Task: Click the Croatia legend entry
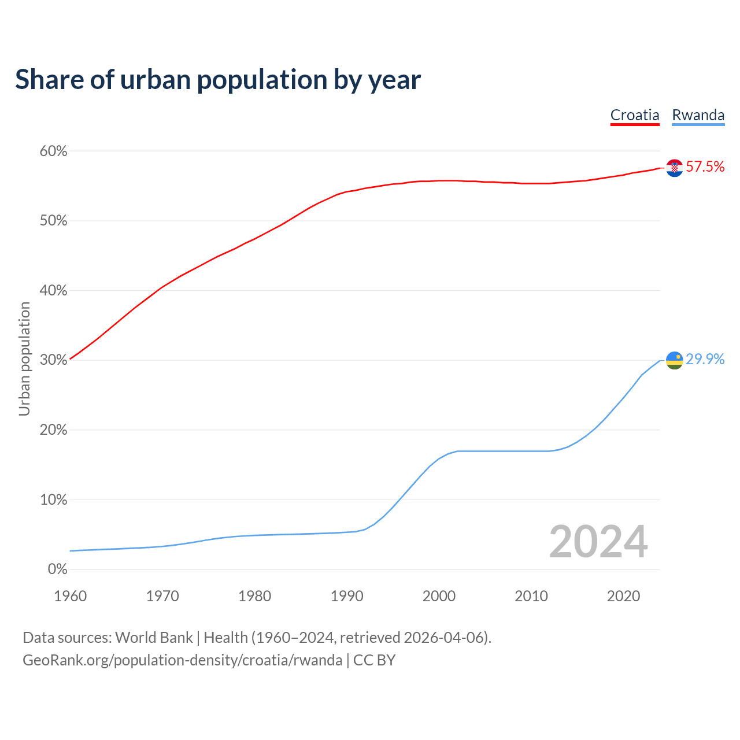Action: click(635, 115)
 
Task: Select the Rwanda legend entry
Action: click(698, 115)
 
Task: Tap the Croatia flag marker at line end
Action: click(674, 168)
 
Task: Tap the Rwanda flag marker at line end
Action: click(674, 360)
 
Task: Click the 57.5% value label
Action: click(705, 167)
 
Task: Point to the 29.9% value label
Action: click(705, 360)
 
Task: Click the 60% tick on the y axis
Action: click(53, 151)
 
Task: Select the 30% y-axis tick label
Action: click(53, 360)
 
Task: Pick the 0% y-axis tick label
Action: click(57, 569)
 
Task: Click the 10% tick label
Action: click(53, 500)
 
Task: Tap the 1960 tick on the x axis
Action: click(70, 596)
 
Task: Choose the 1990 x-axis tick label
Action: click(347, 596)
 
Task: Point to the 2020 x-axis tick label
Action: click(623, 596)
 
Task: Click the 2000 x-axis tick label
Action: click(439, 596)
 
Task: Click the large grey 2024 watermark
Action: click(598, 542)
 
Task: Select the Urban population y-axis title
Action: click(24, 359)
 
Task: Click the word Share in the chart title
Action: click(49, 80)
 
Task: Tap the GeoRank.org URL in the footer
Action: click(182, 660)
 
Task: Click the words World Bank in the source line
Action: click(154, 638)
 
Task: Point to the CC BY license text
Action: click(374, 660)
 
